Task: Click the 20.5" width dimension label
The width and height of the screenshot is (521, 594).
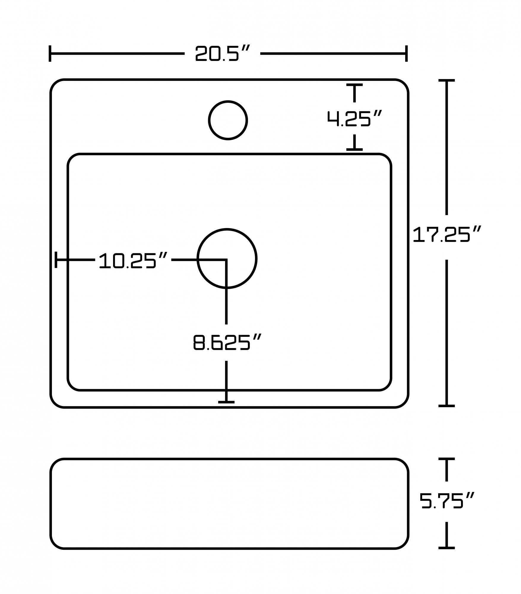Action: coord(222,53)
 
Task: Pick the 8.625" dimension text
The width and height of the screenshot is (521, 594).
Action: coord(227,342)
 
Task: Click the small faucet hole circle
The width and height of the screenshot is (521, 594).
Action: coord(228,120)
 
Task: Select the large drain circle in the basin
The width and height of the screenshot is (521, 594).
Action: coord(227,258)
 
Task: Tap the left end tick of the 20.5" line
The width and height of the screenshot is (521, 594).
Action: coord(50,54)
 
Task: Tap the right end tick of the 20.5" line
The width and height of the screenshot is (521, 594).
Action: coord(406,54)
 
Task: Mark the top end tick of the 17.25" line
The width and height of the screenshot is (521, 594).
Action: coord(446,80)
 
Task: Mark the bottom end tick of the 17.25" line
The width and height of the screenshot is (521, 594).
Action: coord(446,406)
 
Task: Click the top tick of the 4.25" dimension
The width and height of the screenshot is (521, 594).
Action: coord(354,85)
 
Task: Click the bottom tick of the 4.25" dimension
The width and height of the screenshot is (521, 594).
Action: coord(354,149)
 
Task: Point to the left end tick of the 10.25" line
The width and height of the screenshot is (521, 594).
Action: coord(56,260)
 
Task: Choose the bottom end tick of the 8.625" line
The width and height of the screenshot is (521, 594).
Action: coord(226,402)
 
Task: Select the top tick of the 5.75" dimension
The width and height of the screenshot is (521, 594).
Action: coord(446,459)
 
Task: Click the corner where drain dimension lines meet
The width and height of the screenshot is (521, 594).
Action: coord(226,260)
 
